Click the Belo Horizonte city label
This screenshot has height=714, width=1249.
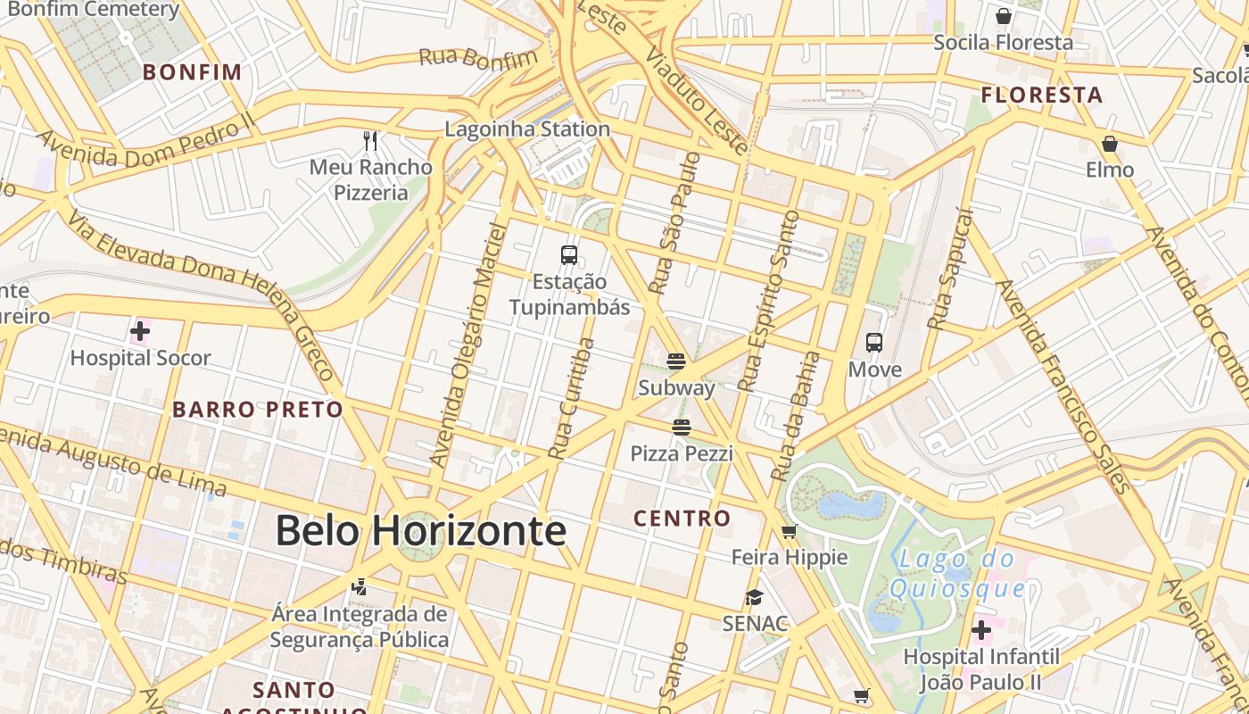(x=420, y=531)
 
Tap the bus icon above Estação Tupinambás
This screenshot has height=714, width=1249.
(x=569, y=254)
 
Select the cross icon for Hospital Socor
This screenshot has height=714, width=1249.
(x=140, y=332)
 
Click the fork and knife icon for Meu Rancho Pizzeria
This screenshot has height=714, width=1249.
(x=371, y=141)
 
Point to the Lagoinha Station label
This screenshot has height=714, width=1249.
(x=527, y=129)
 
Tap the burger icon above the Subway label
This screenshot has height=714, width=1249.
(x=676, y=361)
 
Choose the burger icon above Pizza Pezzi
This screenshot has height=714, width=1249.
(x=682, y=428)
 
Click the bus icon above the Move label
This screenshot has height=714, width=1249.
(x=874, y=343)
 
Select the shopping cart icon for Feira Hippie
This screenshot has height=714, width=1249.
(x=789, y=532)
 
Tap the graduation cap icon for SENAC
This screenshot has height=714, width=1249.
(x=755, y=597)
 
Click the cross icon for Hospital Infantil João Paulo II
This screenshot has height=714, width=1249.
(x=981, y=631)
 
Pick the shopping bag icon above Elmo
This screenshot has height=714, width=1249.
(x=1110, y=144)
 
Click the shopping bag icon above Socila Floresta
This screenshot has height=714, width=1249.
(x=1004, y=16)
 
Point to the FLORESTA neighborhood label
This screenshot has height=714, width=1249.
(x=1042, y=95)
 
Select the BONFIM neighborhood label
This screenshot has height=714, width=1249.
(x=193, y=72)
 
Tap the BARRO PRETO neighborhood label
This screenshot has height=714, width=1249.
(x=258, y=410)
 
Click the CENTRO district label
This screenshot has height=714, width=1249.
(x=682, y=519)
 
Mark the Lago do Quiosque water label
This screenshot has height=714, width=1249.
(x=957, y=574)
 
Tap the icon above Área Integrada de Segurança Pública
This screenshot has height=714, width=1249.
(x=359, y=587)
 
